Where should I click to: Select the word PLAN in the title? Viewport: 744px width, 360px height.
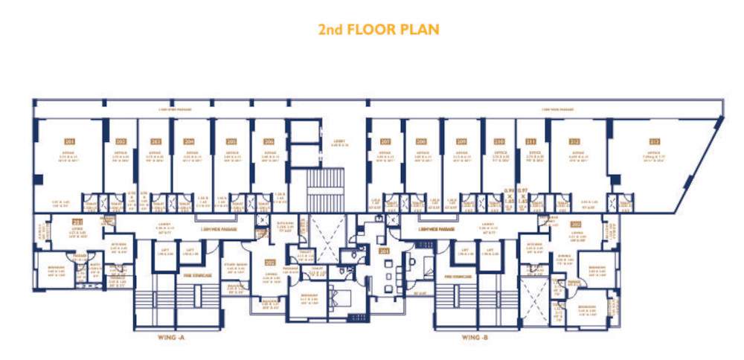tap(419, 30)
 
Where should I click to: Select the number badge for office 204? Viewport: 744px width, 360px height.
tap(189, 141)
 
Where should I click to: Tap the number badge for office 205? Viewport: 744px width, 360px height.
tap(231, 141)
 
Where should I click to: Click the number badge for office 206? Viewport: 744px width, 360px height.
tap(267, 141)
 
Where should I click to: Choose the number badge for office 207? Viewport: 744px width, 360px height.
tap(385, 141)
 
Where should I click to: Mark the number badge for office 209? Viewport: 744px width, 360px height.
tap(461, 141)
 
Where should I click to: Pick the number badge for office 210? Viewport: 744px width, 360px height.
tap(498, 141)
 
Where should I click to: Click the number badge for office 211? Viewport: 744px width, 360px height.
tap(531, 141)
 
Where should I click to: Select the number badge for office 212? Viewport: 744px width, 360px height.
tap(574, 141)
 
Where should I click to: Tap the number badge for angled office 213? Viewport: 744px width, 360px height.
tap(654, 141)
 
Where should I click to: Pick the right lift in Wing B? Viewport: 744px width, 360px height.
tap(491, 253)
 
